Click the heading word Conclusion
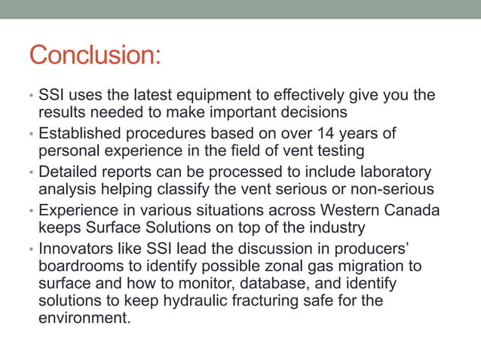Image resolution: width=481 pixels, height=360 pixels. (x=95, y=56)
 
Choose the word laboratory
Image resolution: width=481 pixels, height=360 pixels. (x=393, y=171)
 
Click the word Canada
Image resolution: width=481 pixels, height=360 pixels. (x=411, y=209)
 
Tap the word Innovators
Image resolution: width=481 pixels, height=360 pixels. (x=75, y=247)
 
